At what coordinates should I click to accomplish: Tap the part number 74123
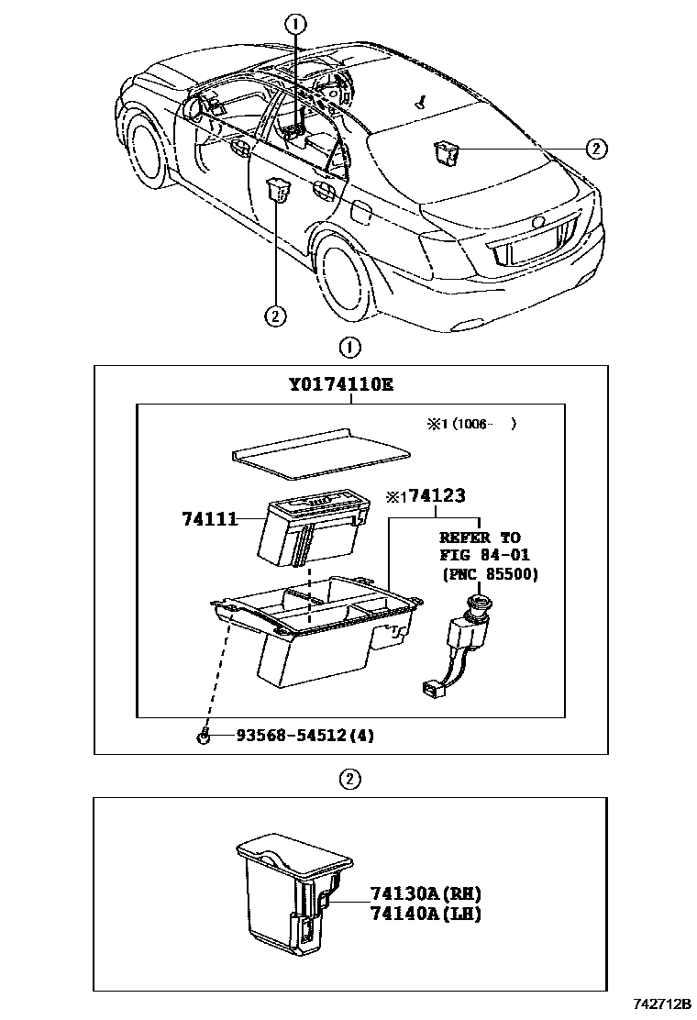(437, 496)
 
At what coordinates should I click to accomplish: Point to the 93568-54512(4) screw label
(305, 735)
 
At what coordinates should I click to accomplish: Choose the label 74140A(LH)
(426, 914)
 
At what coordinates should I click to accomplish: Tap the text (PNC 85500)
(490, 575)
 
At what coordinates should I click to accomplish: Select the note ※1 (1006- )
(470, 425)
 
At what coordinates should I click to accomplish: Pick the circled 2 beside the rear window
(595, 149)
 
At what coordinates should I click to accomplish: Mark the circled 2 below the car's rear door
(274, 316)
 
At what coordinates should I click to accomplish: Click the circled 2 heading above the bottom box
(348, 780)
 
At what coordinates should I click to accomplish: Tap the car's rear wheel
(347, 274)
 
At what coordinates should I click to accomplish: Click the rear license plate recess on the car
(528, 247)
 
